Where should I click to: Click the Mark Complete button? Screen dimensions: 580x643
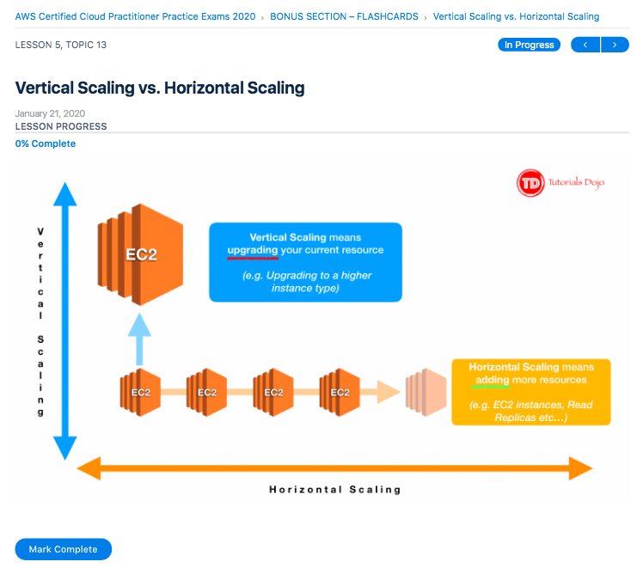pyautogui.click(x=63, y=549)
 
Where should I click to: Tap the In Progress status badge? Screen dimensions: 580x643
pyautogui.click(x=529, y=45)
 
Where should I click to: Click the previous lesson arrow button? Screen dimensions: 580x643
pyautogui.click(x=585, y=45)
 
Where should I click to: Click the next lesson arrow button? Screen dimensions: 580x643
pyautogui.click(x=615, y=45)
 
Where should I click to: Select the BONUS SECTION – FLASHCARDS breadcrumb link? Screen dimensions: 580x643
pyautogui.click(x=344, y=16)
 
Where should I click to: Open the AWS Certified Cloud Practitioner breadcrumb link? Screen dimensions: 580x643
pyautogui.click(x=135, y=16)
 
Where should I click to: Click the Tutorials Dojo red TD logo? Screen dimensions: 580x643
pyautogui.click(x=530, y=183)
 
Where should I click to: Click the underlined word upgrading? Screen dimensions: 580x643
pyautogui.click(x=253, y=250)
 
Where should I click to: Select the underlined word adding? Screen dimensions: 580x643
pyautogui.click(x=493, y=380)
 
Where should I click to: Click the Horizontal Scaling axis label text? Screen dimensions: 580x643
pyautogui.click(x=335, y=490)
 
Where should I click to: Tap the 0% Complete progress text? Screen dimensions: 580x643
pyautogui.click(x=46, y=143)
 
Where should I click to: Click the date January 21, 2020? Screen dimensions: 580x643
pyautogui.click(x=50, y=113)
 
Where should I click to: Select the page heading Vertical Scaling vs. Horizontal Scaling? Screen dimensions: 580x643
pyautogui.click(x=160, y=88)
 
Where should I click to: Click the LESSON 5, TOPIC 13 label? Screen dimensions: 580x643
pyautogui.click(x=61, y=45)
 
